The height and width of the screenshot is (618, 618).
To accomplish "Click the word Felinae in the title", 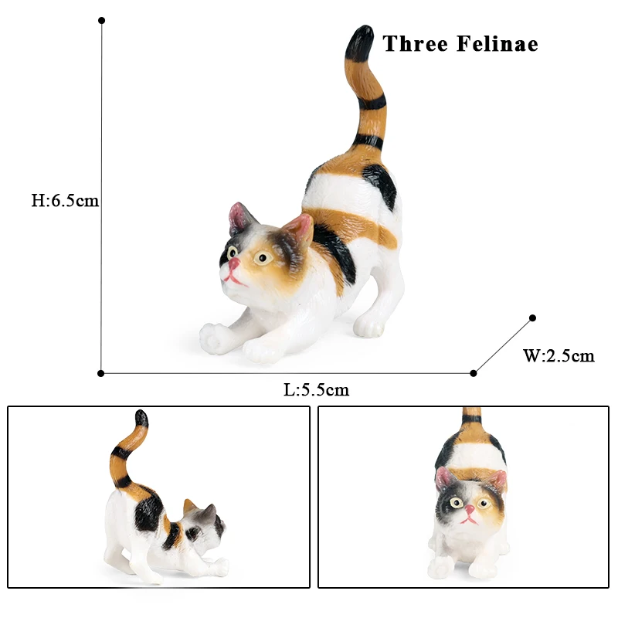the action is tap(497, 43).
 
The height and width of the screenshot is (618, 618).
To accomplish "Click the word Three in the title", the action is tap(416, 43).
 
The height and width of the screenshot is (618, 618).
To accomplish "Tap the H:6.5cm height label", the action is tap(65, 201).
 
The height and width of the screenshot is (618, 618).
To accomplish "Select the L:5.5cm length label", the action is tap(317, 390).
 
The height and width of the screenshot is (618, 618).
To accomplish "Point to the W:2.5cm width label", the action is tap(559, 355).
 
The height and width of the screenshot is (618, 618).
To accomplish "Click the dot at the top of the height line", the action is tap(101, 20).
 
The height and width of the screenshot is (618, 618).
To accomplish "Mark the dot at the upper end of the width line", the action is tap(532, 317).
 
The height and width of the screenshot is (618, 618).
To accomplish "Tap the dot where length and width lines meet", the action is tap(474, 373).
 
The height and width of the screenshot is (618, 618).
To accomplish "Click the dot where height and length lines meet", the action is tap(101, 373).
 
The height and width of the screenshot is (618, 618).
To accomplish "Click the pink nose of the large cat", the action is tap(233, 263).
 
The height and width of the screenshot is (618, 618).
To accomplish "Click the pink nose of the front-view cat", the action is tap(470, 510).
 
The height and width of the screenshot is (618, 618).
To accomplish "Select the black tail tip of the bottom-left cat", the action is tap(141, 419).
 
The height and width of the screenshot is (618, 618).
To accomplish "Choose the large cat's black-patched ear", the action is tap(239, 219).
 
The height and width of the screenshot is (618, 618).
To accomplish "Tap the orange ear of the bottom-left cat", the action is tap(189, 506).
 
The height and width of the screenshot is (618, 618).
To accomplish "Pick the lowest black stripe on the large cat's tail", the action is tap(368, 141).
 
